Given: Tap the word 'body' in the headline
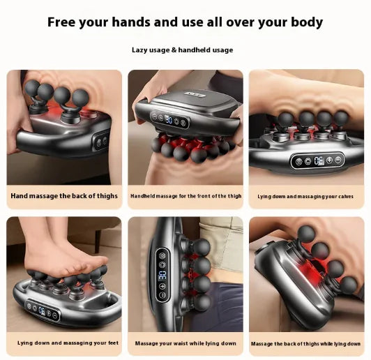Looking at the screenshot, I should coord(304,22).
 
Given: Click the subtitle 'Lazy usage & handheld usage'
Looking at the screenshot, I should coord(183,50).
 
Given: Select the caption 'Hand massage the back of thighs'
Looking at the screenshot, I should coord(64,196).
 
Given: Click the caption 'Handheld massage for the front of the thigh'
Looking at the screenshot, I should coord(185,196).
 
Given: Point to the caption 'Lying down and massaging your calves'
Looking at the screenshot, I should coord(304,196).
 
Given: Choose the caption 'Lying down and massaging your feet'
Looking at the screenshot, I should coord(63,343).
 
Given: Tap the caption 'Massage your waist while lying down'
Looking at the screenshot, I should coord(185,343).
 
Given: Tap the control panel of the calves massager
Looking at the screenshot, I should coord(317,160).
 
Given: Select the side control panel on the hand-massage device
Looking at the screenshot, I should coord(101,141).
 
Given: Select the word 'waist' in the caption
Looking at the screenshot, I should coord(181,343).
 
